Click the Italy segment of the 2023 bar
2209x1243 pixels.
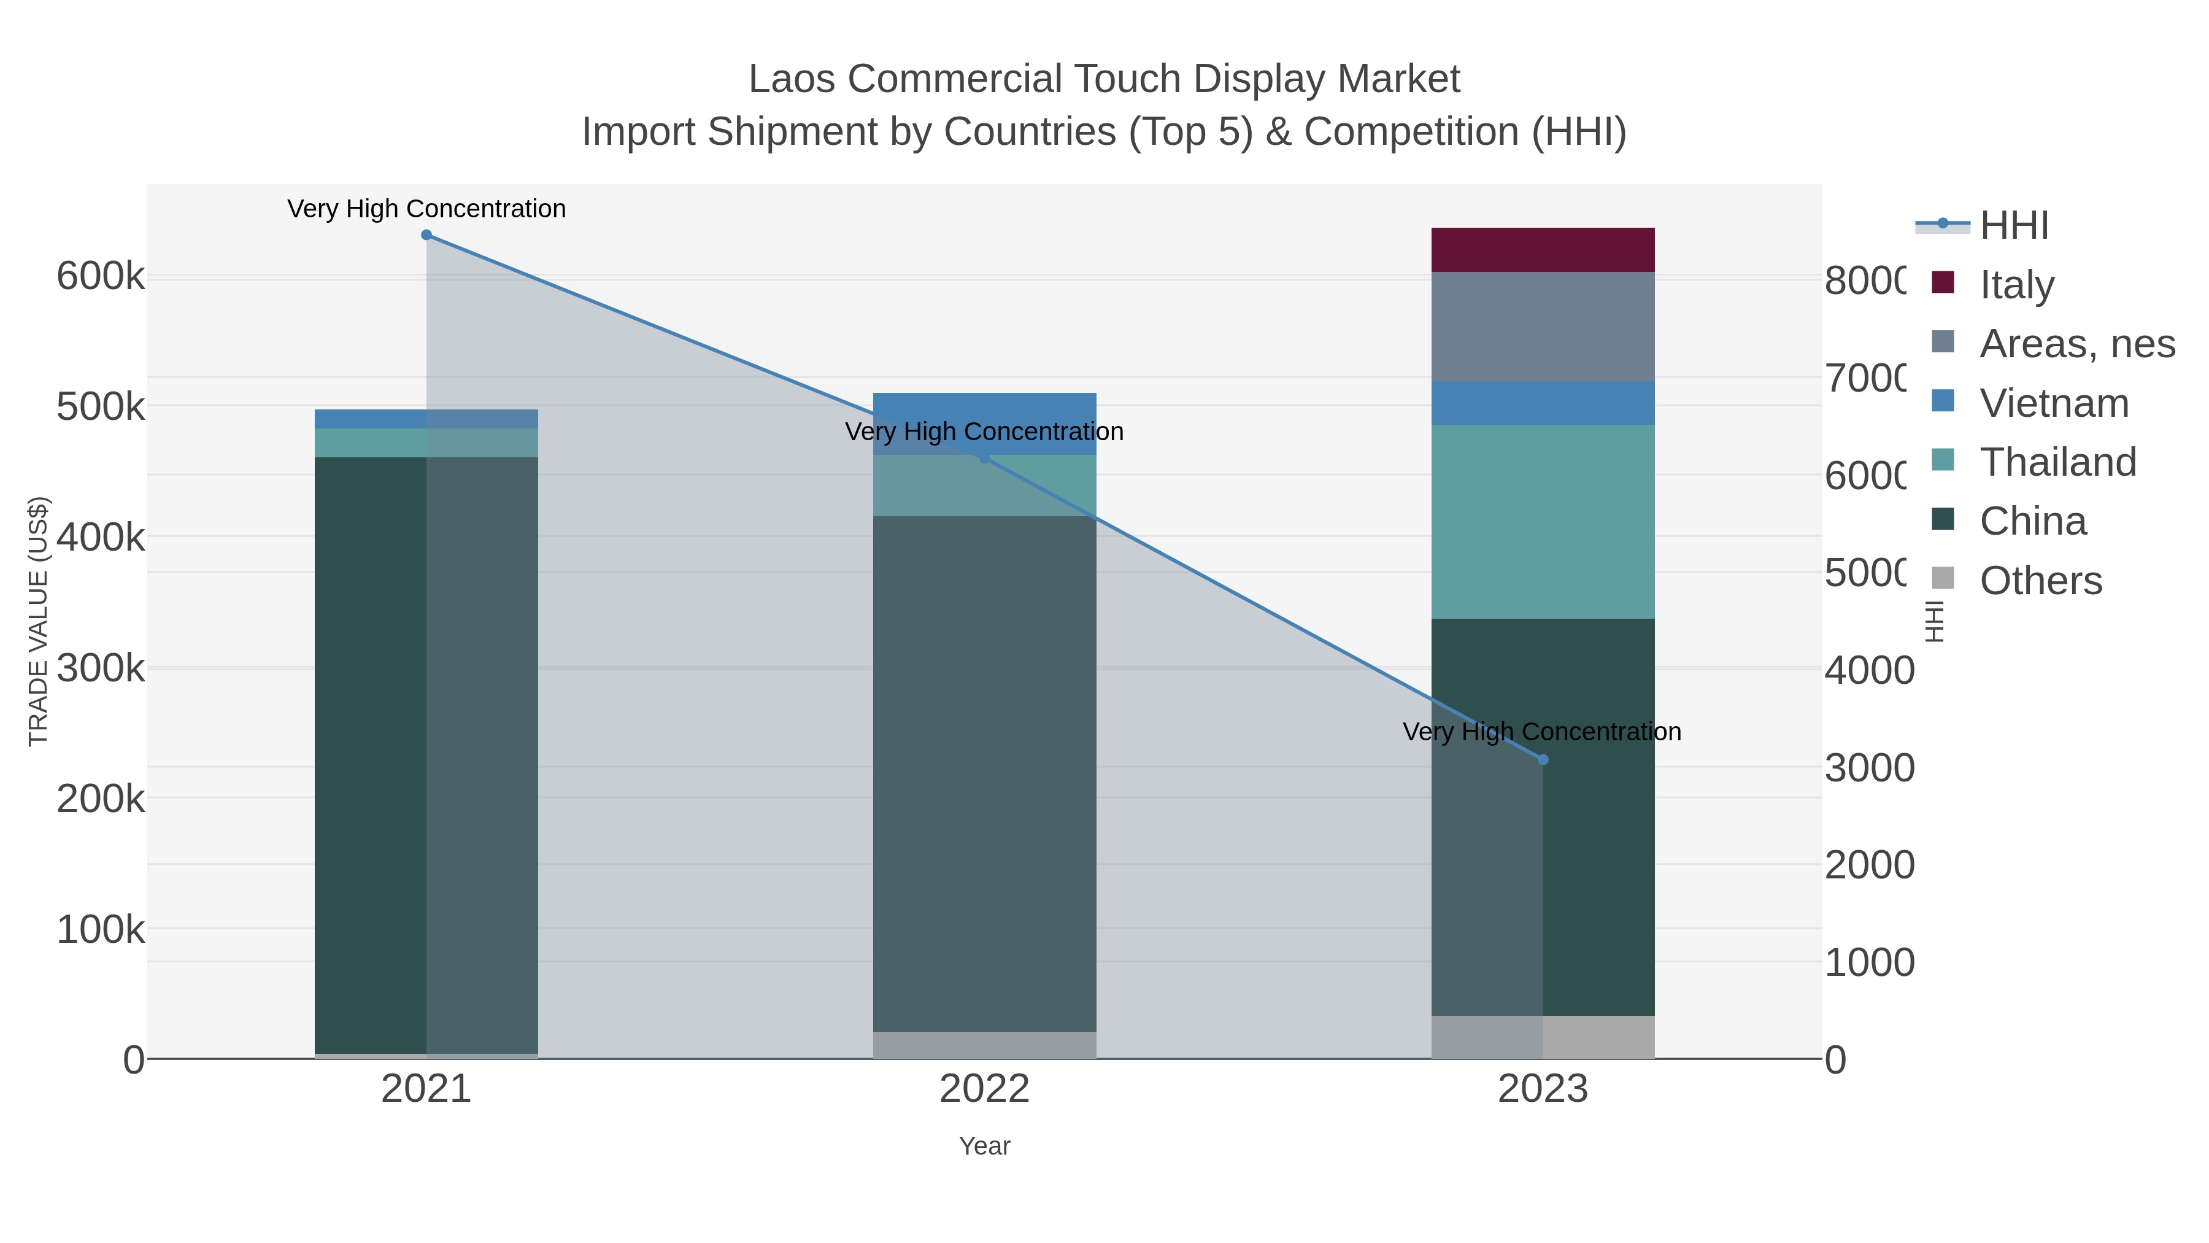coord(1542,250)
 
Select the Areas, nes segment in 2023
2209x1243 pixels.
coord(1542,326)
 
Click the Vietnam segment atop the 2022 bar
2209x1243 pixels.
coord(984,408)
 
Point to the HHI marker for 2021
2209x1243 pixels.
coord(426,235)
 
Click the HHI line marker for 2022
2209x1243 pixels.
coord(984,458)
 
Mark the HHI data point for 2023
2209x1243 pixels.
coord(1543,759)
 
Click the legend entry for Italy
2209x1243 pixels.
coord(2015,284)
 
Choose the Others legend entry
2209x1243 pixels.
coord(2039,581)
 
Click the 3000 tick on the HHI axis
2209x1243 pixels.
coord(1868,768)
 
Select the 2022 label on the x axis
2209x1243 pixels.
coord(984,1088)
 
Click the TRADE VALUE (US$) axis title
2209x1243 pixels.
coord(39,621)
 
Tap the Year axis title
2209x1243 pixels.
coord(984,1146)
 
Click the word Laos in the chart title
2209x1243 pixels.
coord(792,79)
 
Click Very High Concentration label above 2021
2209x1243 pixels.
coord(426,209)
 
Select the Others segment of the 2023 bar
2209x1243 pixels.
coord(1542,1037)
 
